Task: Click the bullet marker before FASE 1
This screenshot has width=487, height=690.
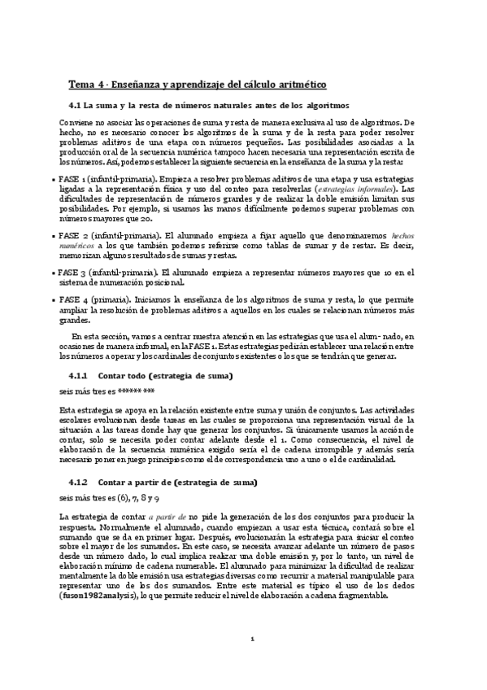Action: (x=54, y=177)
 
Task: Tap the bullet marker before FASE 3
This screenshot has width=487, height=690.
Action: (x=54, y=273)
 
